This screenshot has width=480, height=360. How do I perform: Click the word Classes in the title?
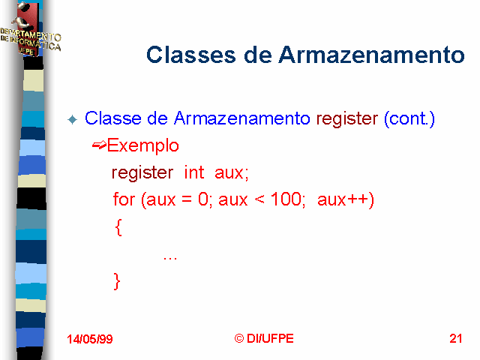pos(191,55)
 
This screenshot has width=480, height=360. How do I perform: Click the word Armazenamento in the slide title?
pos(371,55)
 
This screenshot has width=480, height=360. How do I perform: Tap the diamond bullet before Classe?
pos(73,119)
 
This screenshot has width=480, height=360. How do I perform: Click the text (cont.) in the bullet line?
pos(409,118)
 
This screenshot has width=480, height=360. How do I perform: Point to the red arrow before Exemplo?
pos(99,145)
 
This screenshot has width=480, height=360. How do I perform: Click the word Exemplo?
pos(142,145)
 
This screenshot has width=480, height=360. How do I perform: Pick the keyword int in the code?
pos(193,172)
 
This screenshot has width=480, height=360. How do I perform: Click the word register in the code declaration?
pos(142,173)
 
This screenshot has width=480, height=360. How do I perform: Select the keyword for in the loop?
pos(124,199)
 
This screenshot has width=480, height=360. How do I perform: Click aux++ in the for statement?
pos(346,200)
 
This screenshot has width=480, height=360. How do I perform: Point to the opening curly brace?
pos(118,227)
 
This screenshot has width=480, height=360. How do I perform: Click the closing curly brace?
pos(117,281)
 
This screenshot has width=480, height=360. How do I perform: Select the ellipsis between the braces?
pos(170,259)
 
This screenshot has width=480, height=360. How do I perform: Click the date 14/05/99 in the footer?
pos(90,339)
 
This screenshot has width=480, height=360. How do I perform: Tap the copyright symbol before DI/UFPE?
pos(239,338)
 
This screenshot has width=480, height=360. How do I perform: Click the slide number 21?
pos(456,338)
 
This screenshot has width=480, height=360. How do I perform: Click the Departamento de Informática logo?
pos(30,30)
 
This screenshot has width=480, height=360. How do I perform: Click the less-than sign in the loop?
pos(259,200)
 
